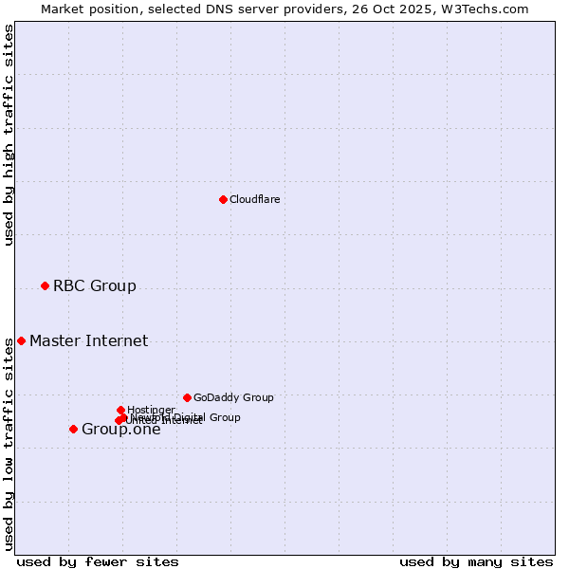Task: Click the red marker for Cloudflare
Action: click(x=223, y=199)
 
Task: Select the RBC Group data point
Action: click(x=45, y=285)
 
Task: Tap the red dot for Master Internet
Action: click(x=21, y=340)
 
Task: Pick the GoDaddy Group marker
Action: click(x=187, y=397)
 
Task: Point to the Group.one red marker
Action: click(x=73, y=429)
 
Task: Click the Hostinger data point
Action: click(x=120, y=410)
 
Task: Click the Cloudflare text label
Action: click(x=254, y=199)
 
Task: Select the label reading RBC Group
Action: click(x=95, y=285)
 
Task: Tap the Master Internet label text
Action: click(x=88, y=340)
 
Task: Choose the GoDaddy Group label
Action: click(x=233, y=397)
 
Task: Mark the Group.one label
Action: click(x=121, y=430)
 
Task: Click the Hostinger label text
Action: click(x=151, y=410)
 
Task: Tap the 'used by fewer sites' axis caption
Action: click(x=98, y=561)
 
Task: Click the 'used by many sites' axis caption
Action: click(x=476, y=561)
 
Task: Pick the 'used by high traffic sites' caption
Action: click(x=9, y=135)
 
